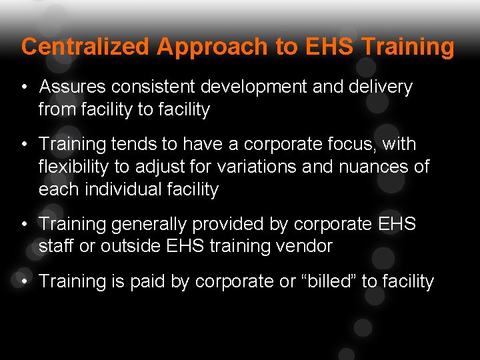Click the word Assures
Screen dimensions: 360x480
point(73,87)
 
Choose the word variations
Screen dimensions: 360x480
point(257,167)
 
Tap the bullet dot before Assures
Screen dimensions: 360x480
point(24,87)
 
